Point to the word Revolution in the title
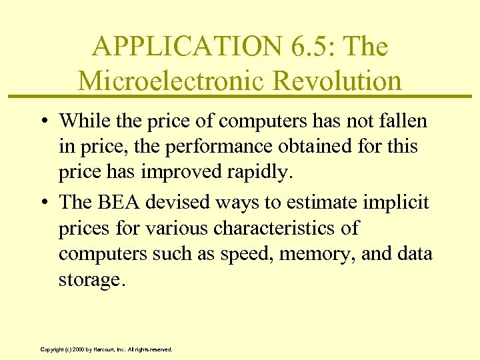(x=337, y=81)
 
